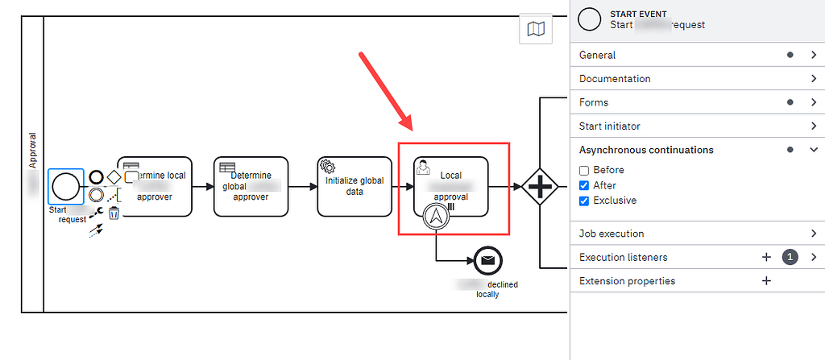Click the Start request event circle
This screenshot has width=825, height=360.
tap(66, 187)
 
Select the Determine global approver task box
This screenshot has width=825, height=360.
tap(251, 186)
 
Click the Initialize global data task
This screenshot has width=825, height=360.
tap(354, 186)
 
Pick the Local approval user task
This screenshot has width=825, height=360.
tap(451, 185)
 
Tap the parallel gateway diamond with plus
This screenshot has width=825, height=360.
tap(540, 187)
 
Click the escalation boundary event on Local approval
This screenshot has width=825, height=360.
tap(436, 216)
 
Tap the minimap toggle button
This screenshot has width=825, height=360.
tap(535, 30)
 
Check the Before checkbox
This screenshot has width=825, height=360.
tap(585, 170)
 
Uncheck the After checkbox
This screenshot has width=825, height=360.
tap(585, 185)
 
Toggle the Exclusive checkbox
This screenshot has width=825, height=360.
tap(585, 201)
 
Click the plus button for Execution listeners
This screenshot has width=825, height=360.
tap(766, 257)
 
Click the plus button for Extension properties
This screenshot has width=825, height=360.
tap(766, 281)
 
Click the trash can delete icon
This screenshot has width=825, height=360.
tap(114, 213)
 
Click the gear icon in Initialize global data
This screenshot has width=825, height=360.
tap(328, 166)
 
